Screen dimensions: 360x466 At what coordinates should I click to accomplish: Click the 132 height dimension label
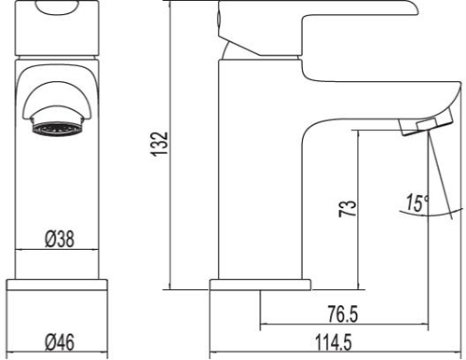point(160,145)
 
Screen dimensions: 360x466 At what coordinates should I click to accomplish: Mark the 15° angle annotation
point(417,201)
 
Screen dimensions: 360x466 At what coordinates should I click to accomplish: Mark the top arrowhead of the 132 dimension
point(171,6)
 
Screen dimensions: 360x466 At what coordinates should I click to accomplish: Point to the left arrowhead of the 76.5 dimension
point(262,321)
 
